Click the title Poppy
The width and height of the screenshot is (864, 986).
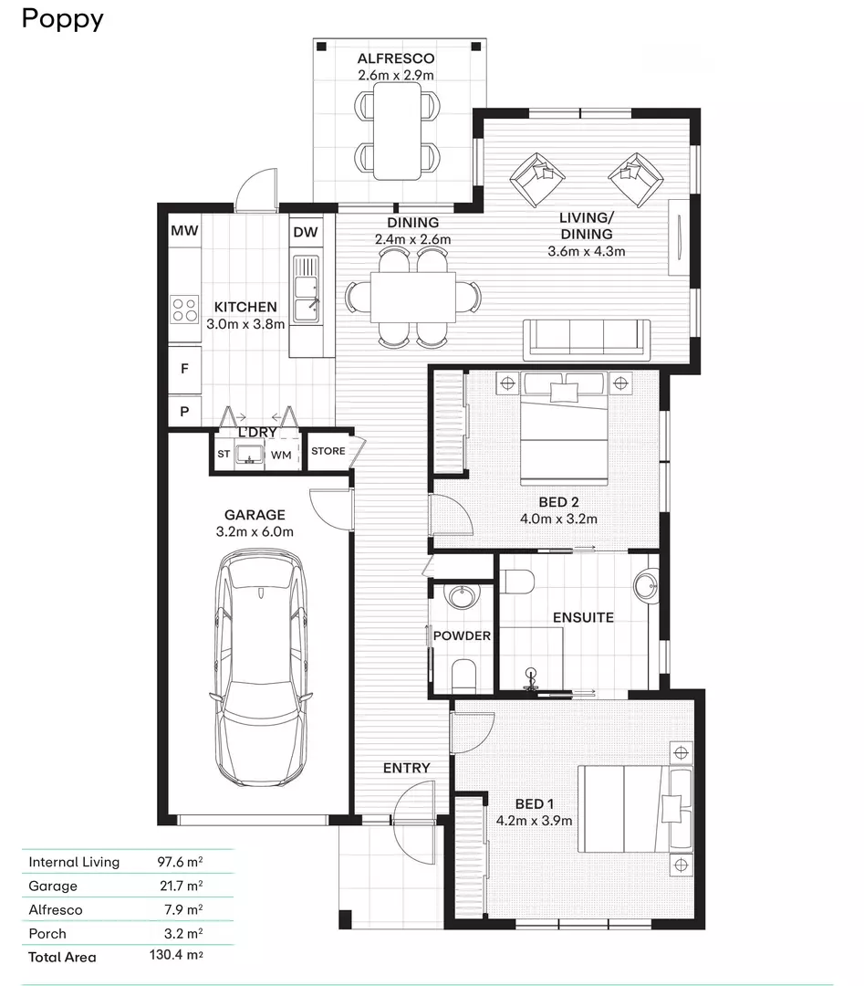pos(62,19)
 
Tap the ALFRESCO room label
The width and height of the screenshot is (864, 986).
pos(396,59)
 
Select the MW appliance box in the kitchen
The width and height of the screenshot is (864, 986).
pos(184,232)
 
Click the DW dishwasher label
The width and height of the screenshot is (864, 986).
pos(306,232)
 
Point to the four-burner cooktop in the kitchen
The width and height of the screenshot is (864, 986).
pos(185,309)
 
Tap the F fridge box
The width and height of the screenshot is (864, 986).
pos(184,370)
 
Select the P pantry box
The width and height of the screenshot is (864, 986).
pos(184,413)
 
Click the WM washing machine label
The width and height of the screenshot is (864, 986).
pos(281,454)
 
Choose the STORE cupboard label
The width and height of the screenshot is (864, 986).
pos(328,451)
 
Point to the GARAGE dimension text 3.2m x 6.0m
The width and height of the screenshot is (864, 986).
pos(255,531)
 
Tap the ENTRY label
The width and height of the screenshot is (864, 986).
pos(406,768)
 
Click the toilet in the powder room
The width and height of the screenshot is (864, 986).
pos(463,675)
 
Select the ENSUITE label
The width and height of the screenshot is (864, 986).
pos(583,617)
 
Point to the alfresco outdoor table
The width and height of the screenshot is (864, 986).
pos(396,130)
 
